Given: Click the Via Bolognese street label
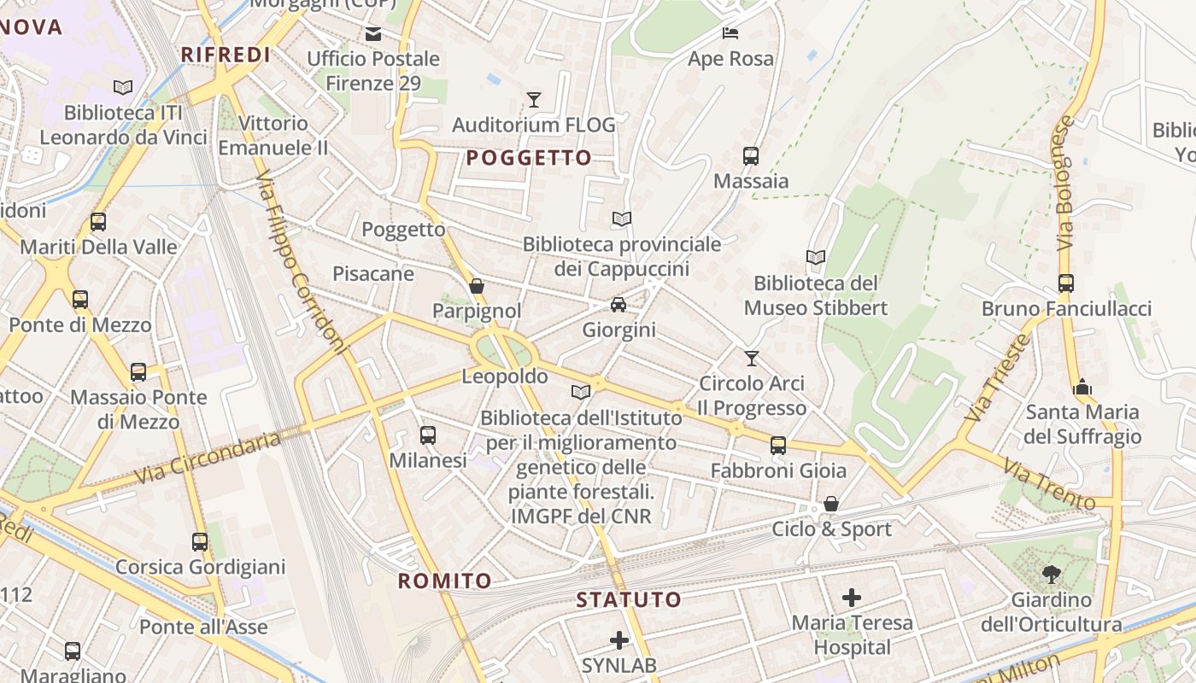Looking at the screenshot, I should point(1063,183).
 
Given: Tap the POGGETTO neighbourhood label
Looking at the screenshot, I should point(529,158).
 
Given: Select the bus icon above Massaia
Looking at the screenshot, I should point(751,156).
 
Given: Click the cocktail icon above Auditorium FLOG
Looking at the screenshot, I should point(534,100).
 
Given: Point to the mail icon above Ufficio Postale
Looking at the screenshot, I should point(373,34).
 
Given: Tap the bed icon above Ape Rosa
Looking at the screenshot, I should point(730,33).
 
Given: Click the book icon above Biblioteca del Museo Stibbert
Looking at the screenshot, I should point(816,257).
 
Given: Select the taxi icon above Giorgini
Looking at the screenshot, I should point(619,305).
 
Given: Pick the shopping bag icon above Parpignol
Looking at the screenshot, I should point(477,286).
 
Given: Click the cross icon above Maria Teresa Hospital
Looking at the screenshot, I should point(852,598).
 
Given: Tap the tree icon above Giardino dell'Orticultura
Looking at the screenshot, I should point(1051,575).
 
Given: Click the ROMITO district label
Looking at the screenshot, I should point(445,581).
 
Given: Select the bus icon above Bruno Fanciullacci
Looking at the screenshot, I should point(1065,283).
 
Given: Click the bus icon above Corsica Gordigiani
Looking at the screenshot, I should point(200,542).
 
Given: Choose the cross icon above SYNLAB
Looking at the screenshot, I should point(619,639).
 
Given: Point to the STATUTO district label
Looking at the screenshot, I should point(629,599).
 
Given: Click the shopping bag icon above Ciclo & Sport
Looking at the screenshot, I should point(830,504).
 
